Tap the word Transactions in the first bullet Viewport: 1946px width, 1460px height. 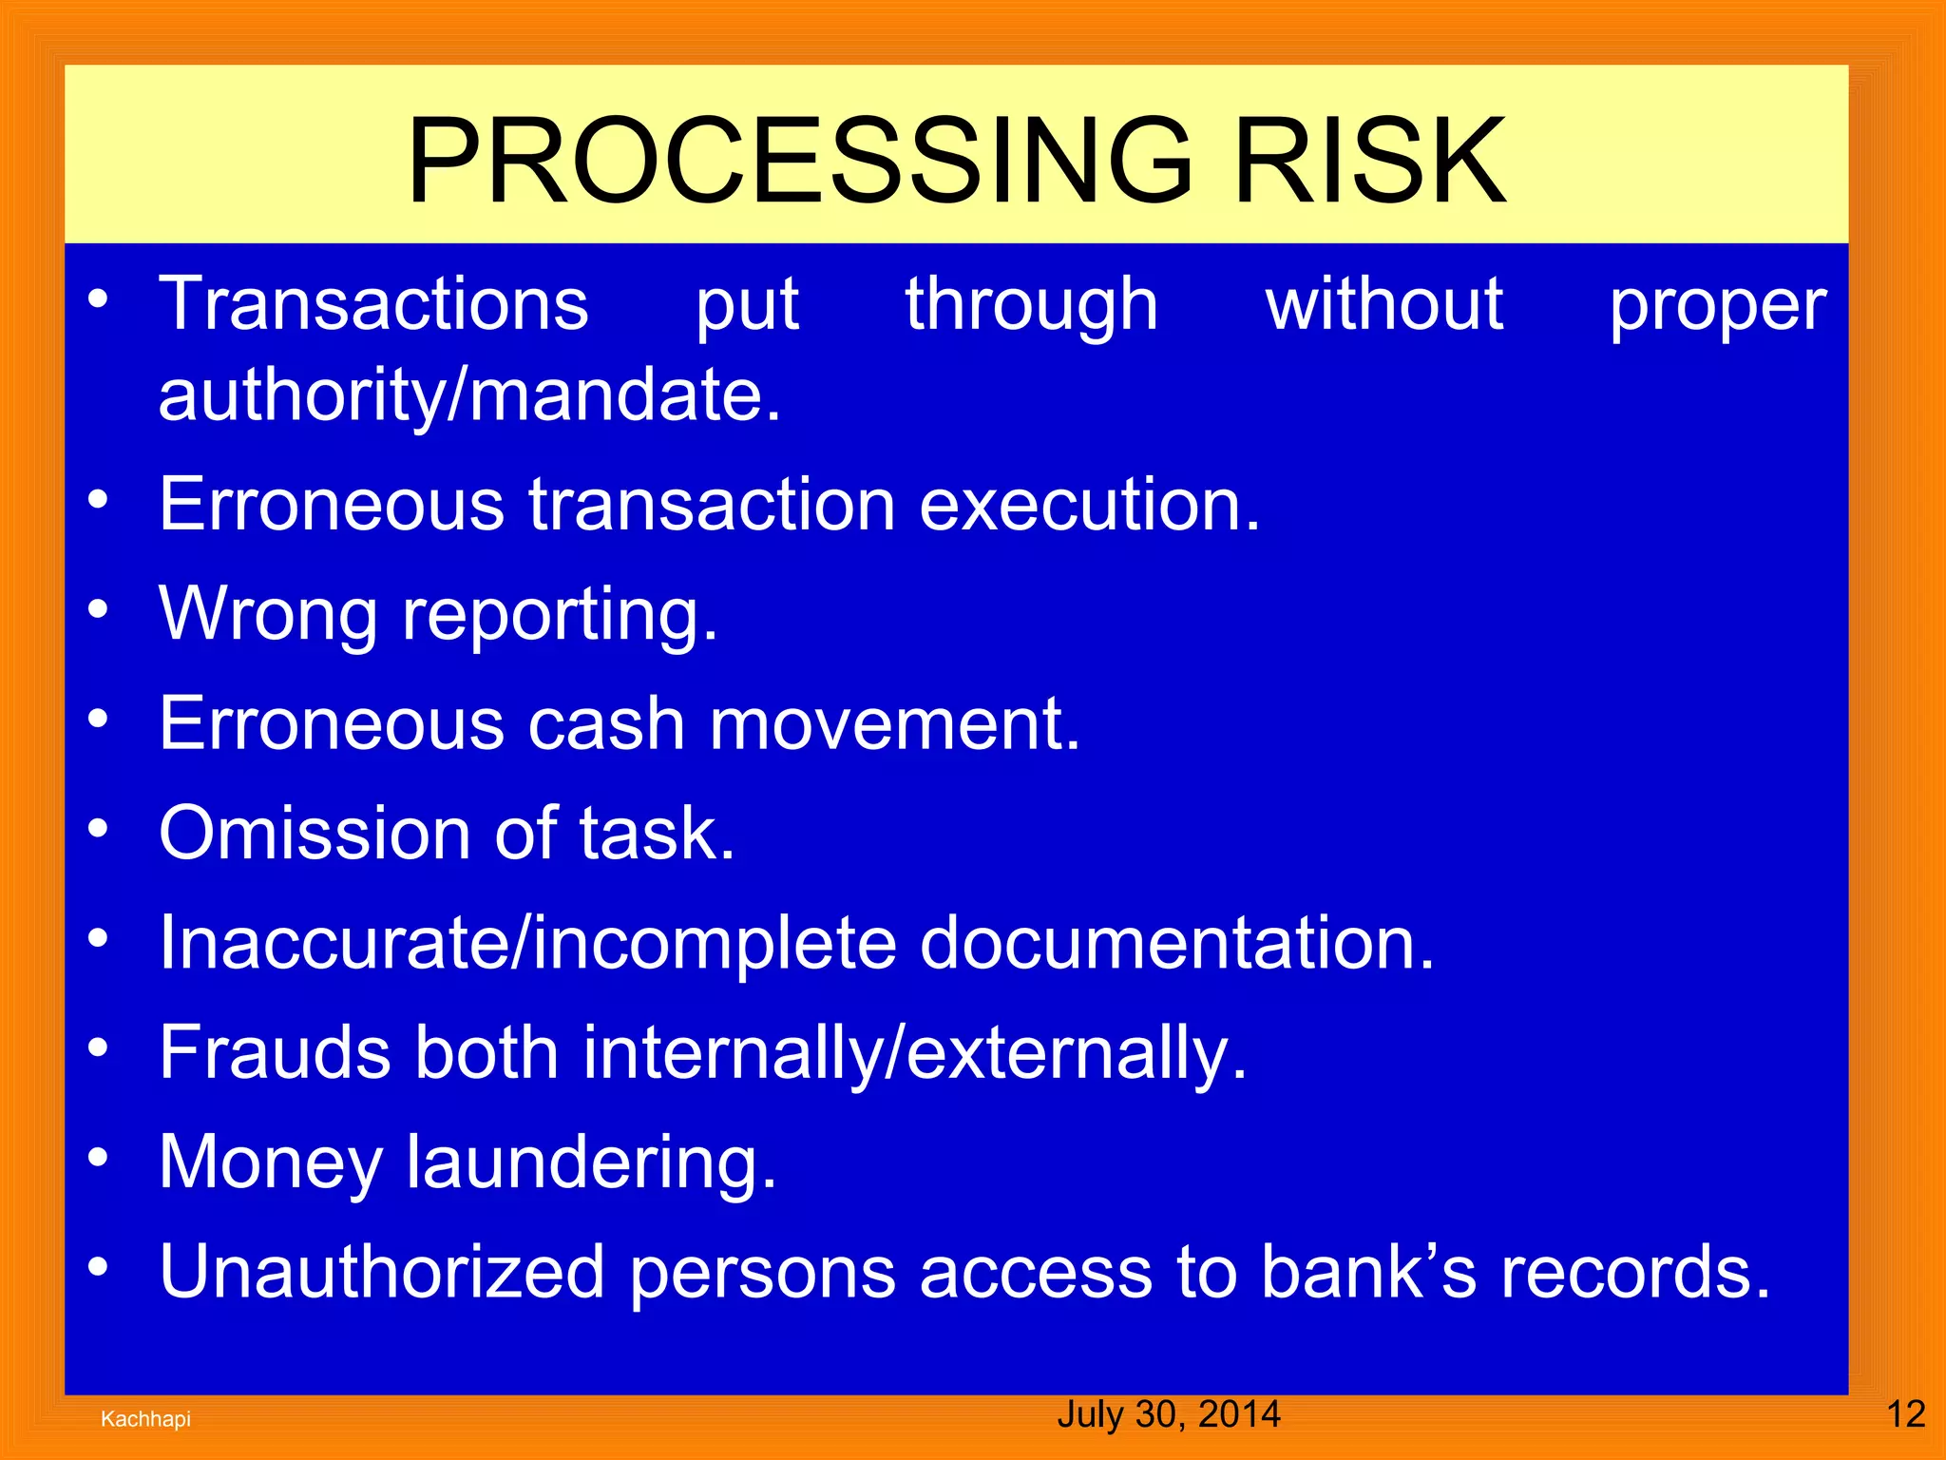tap(373, 304)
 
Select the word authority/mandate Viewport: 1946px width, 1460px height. tap(469, 395)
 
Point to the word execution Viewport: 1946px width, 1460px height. tap(1089, 505)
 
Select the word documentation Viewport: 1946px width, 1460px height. tap(1175, 944)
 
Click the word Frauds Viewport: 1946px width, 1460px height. tap(275, 1053)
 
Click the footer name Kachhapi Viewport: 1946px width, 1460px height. tap(145, 1419)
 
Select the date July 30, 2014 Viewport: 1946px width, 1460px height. tap(1168, 1414)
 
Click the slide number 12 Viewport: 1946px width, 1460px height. tap(1905, 1415)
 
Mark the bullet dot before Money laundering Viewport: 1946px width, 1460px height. tap(99, 1158)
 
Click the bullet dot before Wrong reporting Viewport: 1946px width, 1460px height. tap(99, 609)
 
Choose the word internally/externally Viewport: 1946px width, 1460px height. tap(914, 1053)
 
